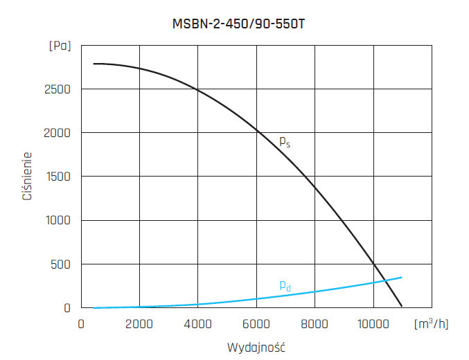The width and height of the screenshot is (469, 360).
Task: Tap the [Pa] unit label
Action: pos(60,46)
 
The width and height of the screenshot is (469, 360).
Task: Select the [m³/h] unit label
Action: pos(431,324)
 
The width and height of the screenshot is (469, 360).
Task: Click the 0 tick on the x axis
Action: pos(81,324)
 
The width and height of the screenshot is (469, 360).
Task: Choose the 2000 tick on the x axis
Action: pos(139,324)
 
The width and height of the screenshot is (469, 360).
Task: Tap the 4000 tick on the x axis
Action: pos(198,324)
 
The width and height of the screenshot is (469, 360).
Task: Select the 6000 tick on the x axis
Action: pos(256,324)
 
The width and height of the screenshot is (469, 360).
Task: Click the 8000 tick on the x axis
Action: pos(315,324)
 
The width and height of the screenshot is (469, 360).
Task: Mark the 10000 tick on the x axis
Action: pos(373,324)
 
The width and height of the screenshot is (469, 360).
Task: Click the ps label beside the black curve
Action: pos(284,141)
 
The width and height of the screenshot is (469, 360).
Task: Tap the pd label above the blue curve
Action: pos(284,285)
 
